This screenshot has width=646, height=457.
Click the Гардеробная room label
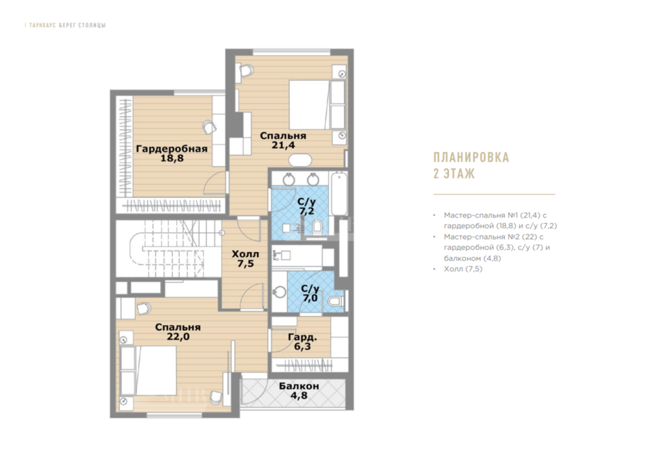tap(171, 149)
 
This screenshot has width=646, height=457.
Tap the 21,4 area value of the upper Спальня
tap(283, 145)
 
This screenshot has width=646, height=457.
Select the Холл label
tap(245, 254)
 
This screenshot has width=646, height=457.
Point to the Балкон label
tap(299, 386)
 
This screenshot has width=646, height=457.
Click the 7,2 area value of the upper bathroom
tap(307, 211)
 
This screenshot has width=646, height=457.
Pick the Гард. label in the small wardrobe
tap(302, 337)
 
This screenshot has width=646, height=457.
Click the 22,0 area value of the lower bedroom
tap(178, 337)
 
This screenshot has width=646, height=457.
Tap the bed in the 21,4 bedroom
tap(317, 105)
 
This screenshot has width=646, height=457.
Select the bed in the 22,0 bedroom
tap(149, 370)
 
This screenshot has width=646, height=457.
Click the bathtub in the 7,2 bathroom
tap(339, 193)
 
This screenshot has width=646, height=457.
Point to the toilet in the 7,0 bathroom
tap(336, 301)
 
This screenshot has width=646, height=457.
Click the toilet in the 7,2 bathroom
tap(317, 227)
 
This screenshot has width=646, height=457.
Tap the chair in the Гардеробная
tap(209, 127)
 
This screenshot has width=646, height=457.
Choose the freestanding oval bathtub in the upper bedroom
tap(300, 160)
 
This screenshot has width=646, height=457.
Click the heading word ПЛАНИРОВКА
tap(472, 158)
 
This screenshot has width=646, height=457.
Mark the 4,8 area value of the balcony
tap(299, 396)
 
